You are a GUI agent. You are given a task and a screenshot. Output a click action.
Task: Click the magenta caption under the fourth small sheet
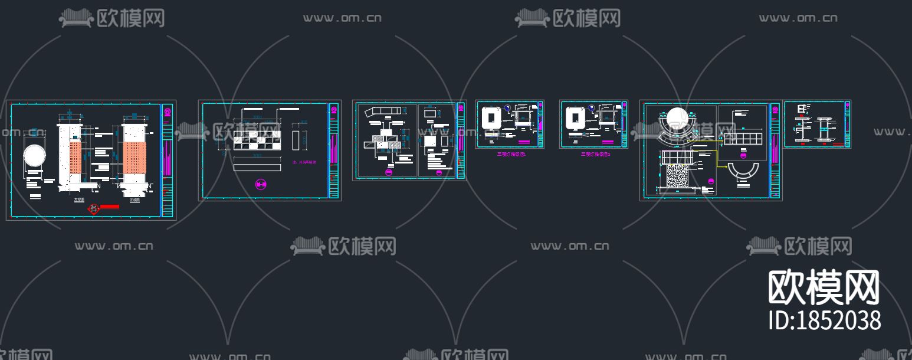pyautogui.click(x=511, y=154)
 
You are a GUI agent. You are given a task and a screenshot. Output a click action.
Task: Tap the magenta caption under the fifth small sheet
pyautogui.click(x=595, y=154)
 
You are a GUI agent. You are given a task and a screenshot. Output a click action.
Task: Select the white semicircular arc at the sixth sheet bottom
pyautogui.click(x=746, y=173)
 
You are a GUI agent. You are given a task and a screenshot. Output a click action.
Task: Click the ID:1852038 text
pyautogui.click(x=825, y=320)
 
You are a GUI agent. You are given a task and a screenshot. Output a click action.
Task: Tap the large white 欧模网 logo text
pyautogui.click(x=824, y=287)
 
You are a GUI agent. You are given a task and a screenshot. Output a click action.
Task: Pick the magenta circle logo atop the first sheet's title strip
pyautogui.click(x=168, y=112)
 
